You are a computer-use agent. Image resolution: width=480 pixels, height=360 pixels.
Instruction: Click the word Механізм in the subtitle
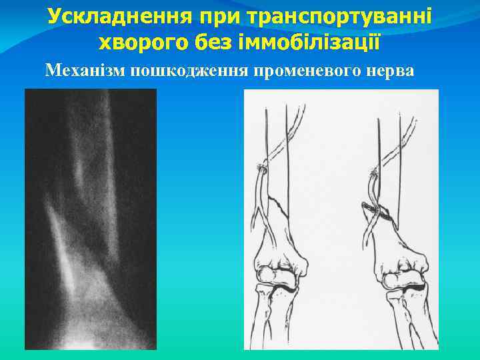tap(86, 70)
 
